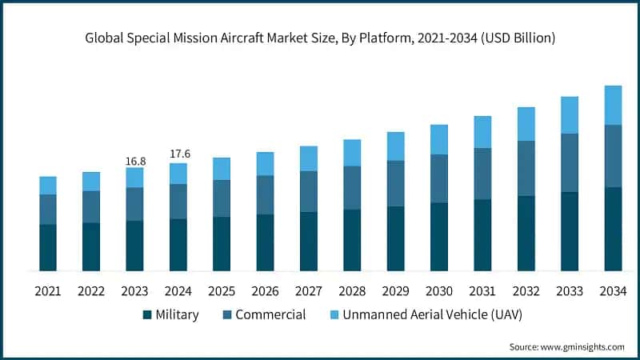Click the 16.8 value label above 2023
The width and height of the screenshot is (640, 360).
134,162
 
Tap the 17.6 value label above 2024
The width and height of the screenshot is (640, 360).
178,154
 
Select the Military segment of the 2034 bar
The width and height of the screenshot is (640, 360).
613,229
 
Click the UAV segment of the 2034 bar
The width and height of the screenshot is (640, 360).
613,105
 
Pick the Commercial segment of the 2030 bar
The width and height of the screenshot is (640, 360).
439,178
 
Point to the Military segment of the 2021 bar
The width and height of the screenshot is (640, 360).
48,247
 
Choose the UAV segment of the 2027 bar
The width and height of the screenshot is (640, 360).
309,158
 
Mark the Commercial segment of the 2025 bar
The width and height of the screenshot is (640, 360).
222,198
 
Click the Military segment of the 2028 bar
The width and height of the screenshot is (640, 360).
352,240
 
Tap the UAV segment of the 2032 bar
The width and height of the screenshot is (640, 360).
526,124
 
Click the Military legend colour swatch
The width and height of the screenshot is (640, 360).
147,315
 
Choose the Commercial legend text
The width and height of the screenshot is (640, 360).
270,315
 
